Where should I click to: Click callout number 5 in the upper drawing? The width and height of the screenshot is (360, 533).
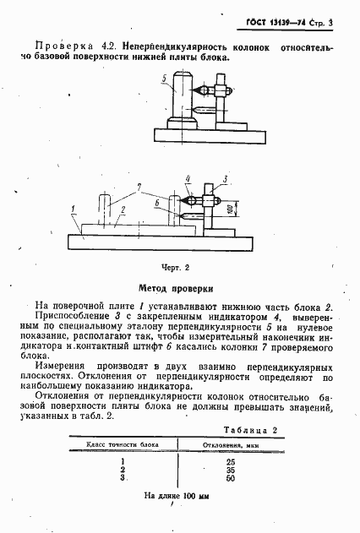[x=162, y=77]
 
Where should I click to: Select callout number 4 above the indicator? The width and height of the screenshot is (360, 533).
[x=188, y=178]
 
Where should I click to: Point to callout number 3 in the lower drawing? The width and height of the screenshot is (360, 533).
[x=226, y=178]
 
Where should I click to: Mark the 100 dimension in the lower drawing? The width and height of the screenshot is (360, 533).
[x=230, y=209]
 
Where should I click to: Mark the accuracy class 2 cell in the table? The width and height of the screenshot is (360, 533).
[x=123, y=470]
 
